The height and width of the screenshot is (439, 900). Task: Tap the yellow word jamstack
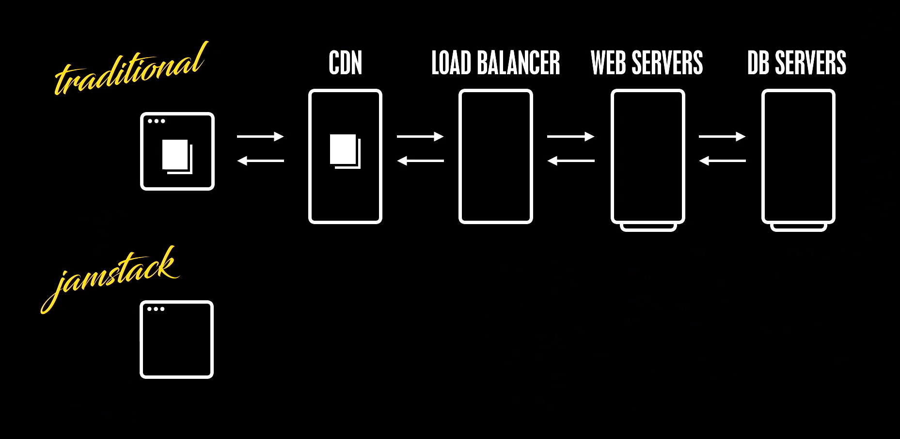114,276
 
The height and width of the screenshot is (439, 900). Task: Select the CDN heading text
345,63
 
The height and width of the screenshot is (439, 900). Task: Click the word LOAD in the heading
451,63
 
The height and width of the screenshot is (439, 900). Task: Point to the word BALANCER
518,63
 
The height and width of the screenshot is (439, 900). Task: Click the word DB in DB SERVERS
758,63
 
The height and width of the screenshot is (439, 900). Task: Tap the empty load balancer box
495,156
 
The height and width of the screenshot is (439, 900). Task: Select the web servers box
647,156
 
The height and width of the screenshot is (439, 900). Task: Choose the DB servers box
798,156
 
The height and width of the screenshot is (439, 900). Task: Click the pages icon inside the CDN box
345,151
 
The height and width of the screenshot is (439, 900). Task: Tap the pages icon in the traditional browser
177,156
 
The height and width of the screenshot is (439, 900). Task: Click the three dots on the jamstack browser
156,309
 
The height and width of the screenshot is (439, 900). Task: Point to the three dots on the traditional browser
157,121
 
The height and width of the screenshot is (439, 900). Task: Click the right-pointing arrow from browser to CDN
260,137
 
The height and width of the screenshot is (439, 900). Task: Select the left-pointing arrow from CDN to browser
260,161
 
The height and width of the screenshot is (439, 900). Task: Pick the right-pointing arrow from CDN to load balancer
420,137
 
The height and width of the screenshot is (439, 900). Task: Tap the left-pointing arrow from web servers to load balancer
570,161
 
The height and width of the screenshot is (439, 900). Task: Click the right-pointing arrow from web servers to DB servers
722,137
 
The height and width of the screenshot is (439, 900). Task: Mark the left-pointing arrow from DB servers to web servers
722,161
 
